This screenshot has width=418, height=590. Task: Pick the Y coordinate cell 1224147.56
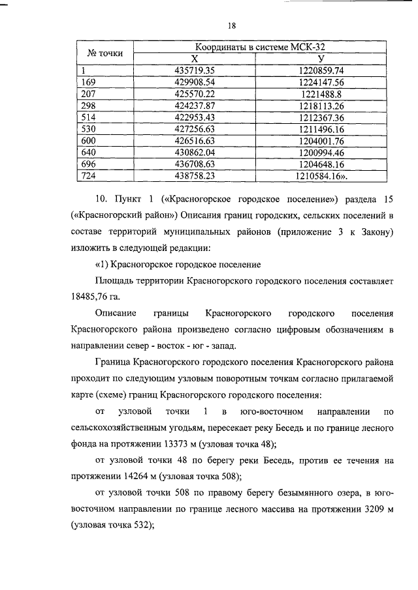(x=319, y=82)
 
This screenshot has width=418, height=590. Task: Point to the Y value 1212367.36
(x=319, y=117)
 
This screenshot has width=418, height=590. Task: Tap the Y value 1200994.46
(x=319, y=153)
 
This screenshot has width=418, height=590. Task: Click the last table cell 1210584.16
(x=319, y=176)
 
